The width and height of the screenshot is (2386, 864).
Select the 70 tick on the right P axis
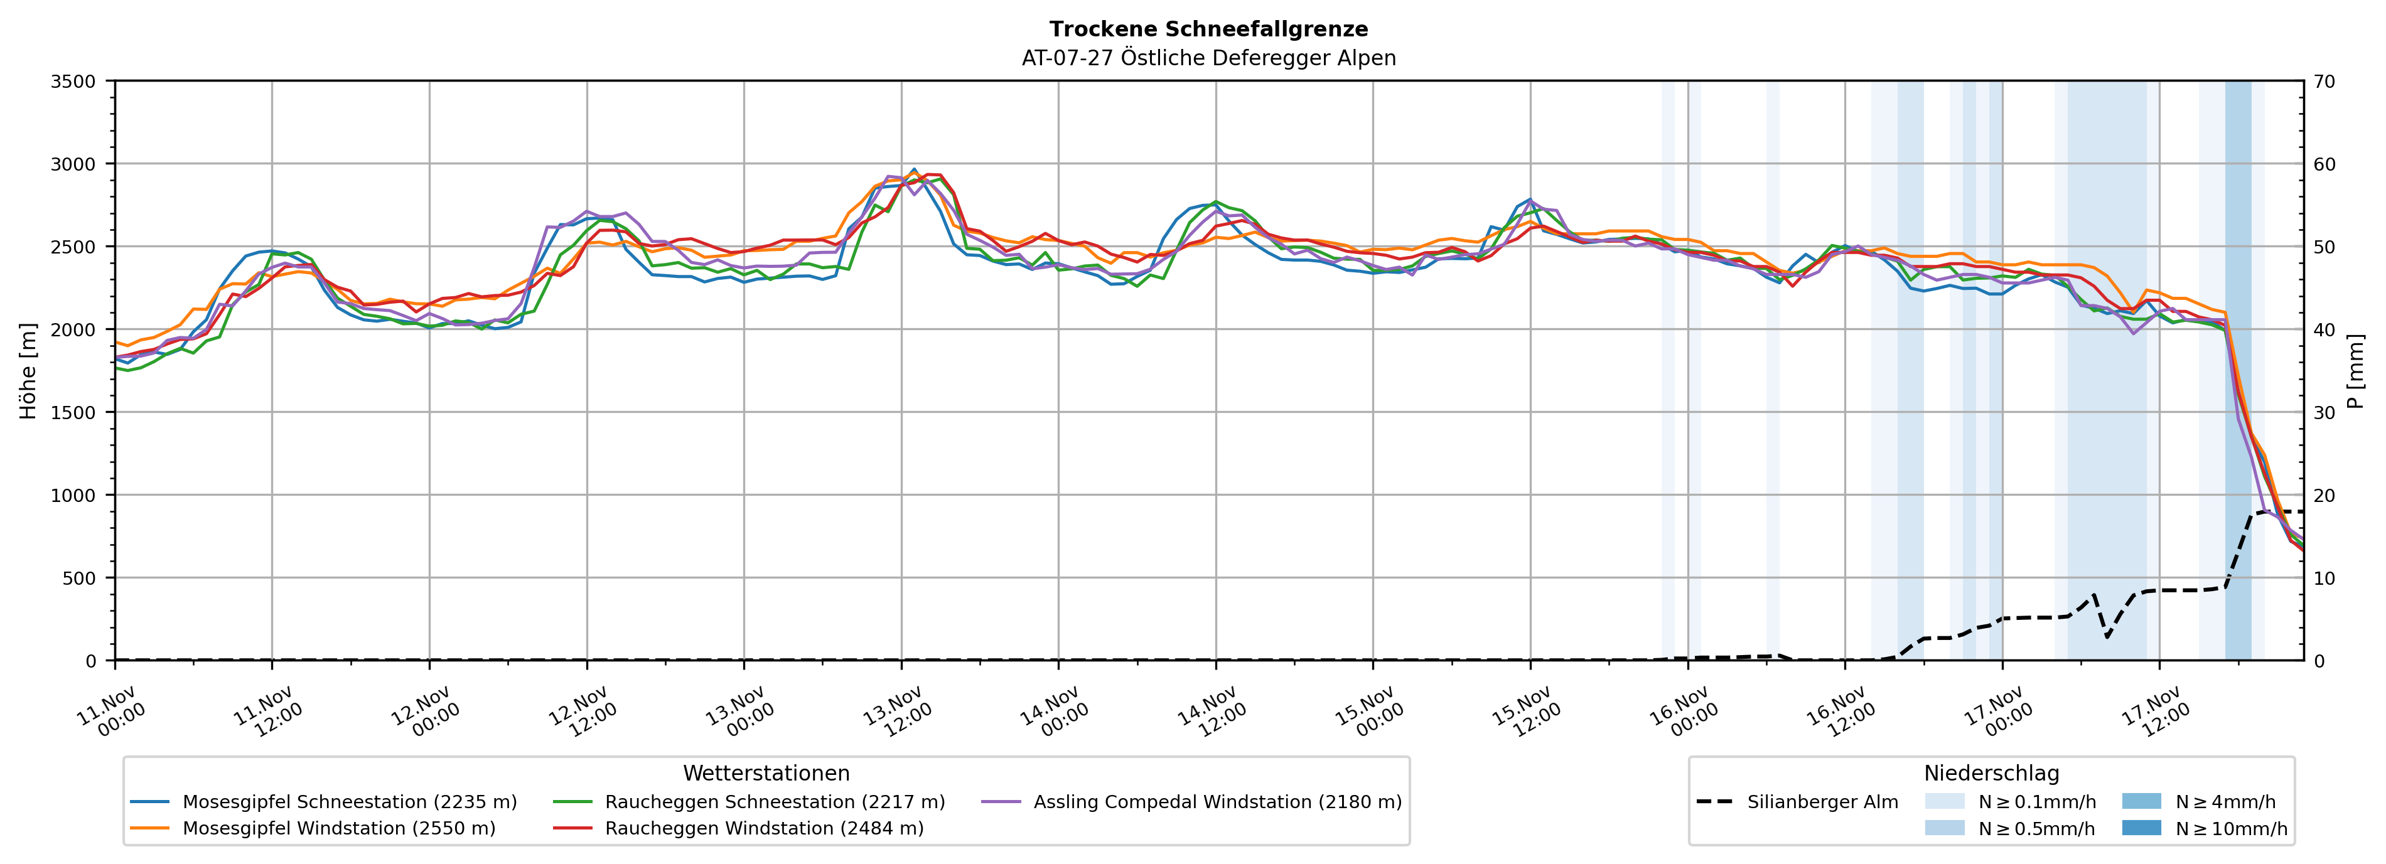tap(2324, 82)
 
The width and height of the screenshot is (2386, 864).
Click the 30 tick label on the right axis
tap(2324, 413)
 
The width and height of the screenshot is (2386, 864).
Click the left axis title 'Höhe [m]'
tap(29, 370)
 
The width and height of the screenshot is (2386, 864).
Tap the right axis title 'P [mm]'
tap(2355, 370)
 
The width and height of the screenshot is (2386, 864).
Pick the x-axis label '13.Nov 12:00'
tap(896, 711)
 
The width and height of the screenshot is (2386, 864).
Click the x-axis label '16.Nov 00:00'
tap(1683, 711)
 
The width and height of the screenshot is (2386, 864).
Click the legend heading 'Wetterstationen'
tap(766, 773)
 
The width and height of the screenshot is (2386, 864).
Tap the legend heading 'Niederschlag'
tap(1991, 773)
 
